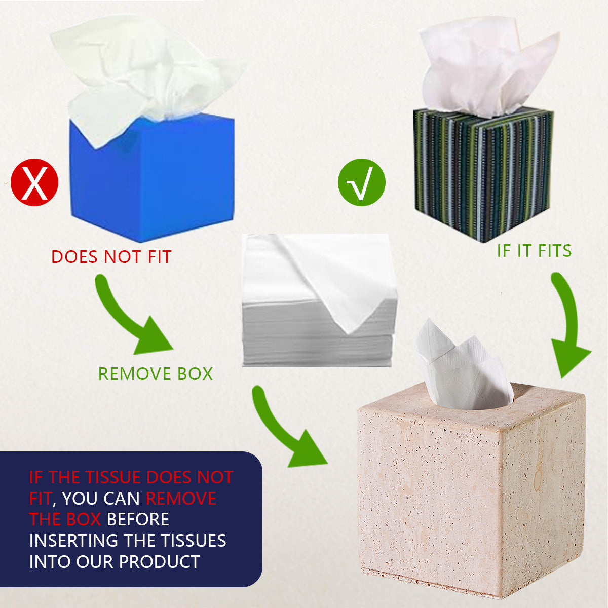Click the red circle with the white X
pos(34,182)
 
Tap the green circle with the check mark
pos(362,182)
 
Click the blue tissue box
pos(152,178)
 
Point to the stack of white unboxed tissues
pos(319,300)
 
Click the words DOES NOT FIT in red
pos(111,257)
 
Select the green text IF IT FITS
pos(534,251)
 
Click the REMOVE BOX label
pos(156,374)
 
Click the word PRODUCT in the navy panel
pos(159,561)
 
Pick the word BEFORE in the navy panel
pos(138,519)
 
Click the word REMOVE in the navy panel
pos(181,499)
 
